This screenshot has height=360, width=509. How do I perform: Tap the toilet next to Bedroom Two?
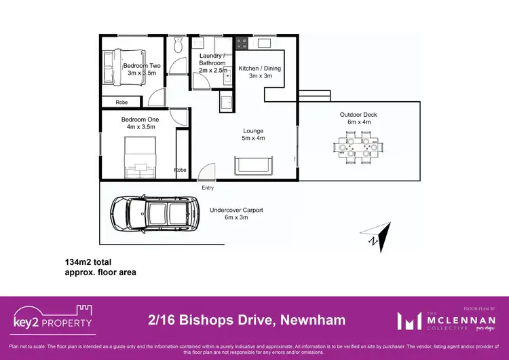[x=178, y=45]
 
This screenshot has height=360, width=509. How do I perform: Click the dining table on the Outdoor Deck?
[x=356, y=149]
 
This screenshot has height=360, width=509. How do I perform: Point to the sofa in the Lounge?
[x=253, y=165]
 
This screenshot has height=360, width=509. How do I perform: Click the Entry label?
[x=208, y=187]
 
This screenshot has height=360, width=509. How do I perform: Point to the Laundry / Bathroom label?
[x=212, y=59]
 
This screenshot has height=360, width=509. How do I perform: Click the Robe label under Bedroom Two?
[x=121, y=103]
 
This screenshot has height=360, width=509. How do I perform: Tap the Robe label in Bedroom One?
[x=180, y=170]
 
